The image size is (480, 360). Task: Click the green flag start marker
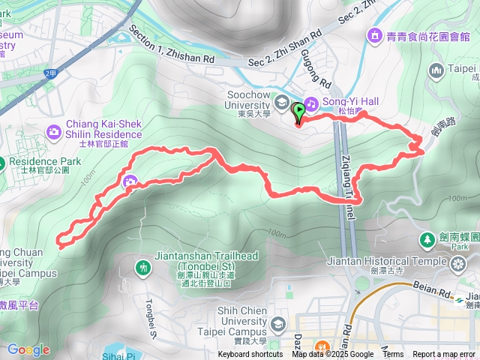[300, 112]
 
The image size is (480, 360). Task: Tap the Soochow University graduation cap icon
[281, 102]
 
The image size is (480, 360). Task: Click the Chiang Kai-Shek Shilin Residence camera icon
[54, 133]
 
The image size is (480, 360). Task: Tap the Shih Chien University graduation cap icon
[279, 324]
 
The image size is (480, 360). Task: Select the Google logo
[28, 349]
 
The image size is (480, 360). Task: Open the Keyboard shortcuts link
[250, 355]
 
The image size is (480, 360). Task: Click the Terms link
[393, 355]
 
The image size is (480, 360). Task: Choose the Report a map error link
[445, 355]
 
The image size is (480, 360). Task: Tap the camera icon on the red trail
[130, 181]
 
